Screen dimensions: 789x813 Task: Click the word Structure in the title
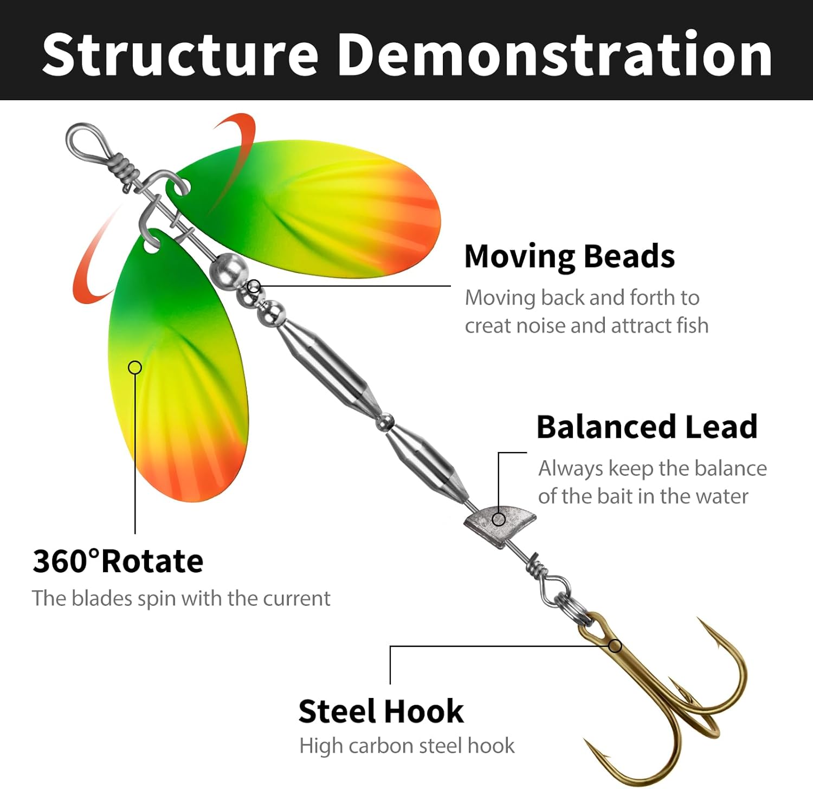tap(180, 54)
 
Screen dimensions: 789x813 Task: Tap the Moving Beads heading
tap(569, 256)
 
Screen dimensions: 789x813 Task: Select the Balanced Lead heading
tap(647, 426)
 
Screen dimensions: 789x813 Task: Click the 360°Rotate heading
tap(118, 561)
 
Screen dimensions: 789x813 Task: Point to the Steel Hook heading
tap(380, 711)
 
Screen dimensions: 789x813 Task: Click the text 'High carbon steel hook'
tap(406, 746)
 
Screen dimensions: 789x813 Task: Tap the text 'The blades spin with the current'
tap(181, 598)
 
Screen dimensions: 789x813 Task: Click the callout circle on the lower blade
tap(135, 367)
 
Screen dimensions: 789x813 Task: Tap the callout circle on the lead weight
tap(499, 520)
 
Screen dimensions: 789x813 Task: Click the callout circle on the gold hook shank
tap(615, 646)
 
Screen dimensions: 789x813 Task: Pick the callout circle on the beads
tap(254, 286)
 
